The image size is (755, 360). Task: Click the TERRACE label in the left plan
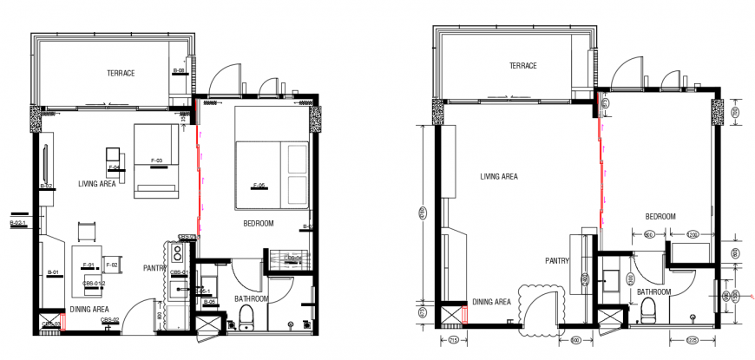[x=121, y=73]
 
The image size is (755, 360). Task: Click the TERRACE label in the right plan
[x=523, y=66]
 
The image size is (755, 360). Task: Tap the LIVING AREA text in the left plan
[x=97, y=184]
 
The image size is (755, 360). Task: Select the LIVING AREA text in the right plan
[x=499, y=177]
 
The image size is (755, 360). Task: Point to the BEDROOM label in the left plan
[x=259, y=223]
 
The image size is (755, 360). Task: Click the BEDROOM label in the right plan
[x=661, y=215]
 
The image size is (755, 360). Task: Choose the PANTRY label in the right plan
[x=556, y=260]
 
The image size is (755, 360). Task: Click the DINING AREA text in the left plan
[x=89, y=309]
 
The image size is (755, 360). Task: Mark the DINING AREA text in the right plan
[x=491, y=302]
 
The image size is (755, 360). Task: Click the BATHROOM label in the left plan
[x=252, y=298]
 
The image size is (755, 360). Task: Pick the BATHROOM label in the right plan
[x=653, y=292]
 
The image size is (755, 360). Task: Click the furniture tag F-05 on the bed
[x=258, y=186]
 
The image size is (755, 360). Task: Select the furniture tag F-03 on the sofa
[x=157, y=160]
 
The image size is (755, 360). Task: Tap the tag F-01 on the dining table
[x=88, y=264]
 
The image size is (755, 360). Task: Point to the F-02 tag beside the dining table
[x=112, y=264]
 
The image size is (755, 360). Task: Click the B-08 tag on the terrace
[x=180, y=70]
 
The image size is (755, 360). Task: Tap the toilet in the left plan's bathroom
[x=246, y=318]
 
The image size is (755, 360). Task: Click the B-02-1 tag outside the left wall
[x=16, y=224]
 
